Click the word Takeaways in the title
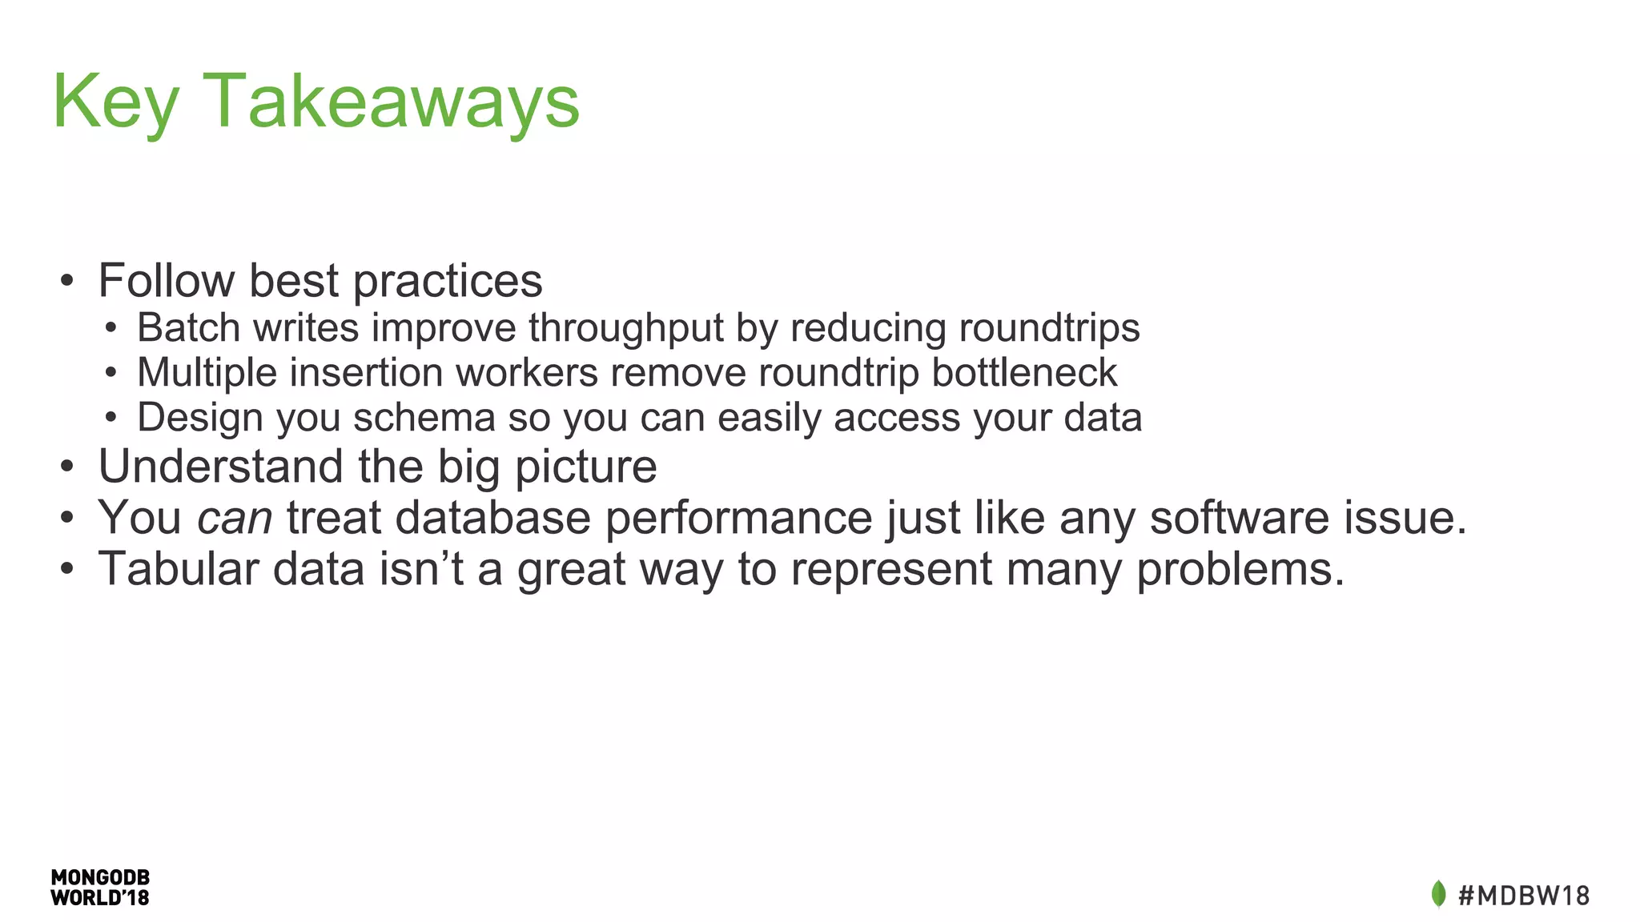pos(392,102)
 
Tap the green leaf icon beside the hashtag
pos(1438,894)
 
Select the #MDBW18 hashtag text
pos(1524,895)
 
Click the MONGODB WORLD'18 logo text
pos(100,888)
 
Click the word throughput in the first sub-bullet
pos(625,328)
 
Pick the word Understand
pos(220,466)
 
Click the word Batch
pos(188,328)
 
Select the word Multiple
pos(206,373)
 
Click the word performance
pos(738,519)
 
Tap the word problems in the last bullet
pos(1240,570)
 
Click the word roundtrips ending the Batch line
pos(1048,328)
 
